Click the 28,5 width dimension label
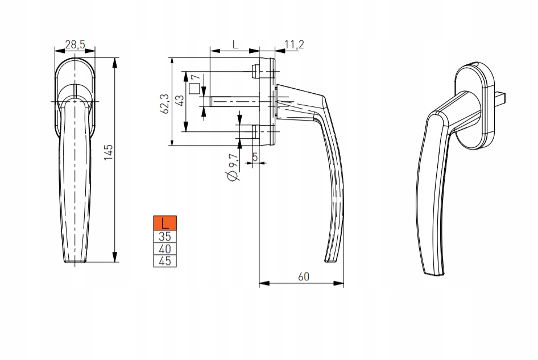pyautogui.click(x=75, y=44)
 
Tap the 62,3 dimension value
pyautogui.click(x=165, y=104)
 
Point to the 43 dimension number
pyautogui.click(x=180, y=101)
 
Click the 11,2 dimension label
pyautogui.click(x=293, y=44)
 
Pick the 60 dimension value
pyautogui.click(x=303, y=276)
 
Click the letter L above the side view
pyautogui.click(x=235, y=44)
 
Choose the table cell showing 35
pyautogui.click(x=165, y=236)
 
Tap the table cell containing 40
pyautogui.click(x=165, y=249)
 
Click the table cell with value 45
pyautogui.click(x=165, y=261)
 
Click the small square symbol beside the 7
pyautogui.click(x=194, y=89)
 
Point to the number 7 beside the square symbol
pyautogui.click(x=196, y=78)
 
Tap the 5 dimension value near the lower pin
pyautogui.click(x=255, y=156)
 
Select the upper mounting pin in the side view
pyautogui.click(x=255, y=71)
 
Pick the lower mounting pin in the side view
pyautogui.click(x=255, y=132)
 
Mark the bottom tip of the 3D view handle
pyautogui.click(x=434, y=272)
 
